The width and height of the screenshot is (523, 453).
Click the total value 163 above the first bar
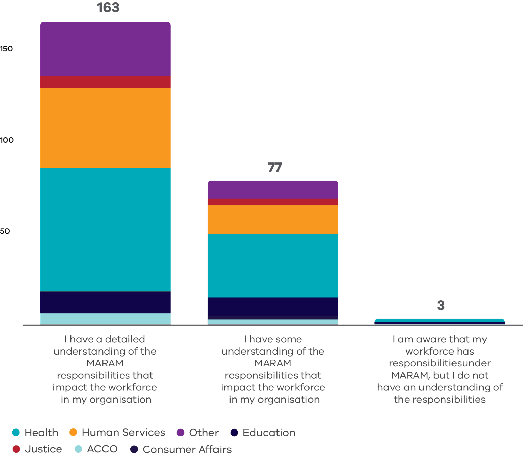(x=108, y=7)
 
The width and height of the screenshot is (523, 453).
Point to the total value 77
(x=275, y=167)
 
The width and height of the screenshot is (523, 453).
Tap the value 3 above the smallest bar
(x=441, y=305)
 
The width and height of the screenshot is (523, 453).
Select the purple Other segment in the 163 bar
(x=105, y=49)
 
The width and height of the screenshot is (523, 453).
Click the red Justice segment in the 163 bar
(x=105, y=82)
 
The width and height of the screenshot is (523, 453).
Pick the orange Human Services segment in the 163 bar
(x=105, y=128)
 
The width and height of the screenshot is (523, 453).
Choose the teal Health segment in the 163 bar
(x=105, y=229)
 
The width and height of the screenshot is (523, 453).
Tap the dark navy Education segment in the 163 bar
(x=105, y=302)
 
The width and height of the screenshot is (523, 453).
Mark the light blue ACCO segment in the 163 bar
(x=105, y=318)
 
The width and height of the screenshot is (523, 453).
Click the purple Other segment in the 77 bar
(x=273, y=189)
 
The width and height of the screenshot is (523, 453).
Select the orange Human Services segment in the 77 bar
(x=273, y=219)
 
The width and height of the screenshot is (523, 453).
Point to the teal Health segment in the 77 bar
(x=273, y=266)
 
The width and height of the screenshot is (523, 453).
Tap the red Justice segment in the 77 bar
(x=273, y=202)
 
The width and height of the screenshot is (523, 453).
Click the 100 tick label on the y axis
(x=6, y=140)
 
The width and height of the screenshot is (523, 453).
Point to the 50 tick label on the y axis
(x=5, y=231)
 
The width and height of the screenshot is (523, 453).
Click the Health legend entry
(x=35, y=433)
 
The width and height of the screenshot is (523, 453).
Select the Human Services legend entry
(x=117, y=433)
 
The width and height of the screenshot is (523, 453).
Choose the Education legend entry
(x=263, y=433)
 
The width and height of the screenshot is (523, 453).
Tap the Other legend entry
(x=197, y=433)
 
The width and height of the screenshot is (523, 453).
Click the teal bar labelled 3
(x=440, y=321)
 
